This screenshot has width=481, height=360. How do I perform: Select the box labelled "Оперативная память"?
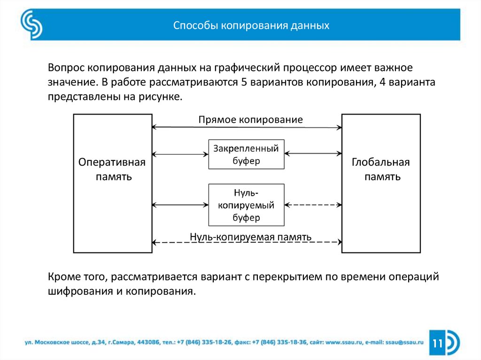pyautogui.click(x=112, y=183)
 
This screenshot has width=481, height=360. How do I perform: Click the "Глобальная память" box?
pyautogui.click(x=381, y=183)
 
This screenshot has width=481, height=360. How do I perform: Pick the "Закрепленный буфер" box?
pyautogui.click(x=246, y=154)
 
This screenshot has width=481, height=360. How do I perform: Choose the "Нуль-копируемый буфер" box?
pyautogui.click(x=246, y=205)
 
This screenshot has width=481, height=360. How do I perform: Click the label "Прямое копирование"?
pyautogui.click(x=250, y=119)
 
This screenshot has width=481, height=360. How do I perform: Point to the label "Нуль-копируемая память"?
pyautogui.click(x=250, y=237)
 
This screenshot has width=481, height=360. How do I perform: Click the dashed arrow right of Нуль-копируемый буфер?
pyautogui.click(x=313, y=205)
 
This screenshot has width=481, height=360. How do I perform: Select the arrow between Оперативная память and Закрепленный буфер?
pyautogui.click(x=180, y=154)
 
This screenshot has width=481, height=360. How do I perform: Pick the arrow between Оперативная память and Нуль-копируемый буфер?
pyautogui.click(x=180, y=205)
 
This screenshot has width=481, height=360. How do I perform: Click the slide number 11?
pyautogui.click(x=438, y=343)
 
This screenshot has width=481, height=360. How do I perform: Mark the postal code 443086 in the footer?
pyautogui.click(x=149, y=343)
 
